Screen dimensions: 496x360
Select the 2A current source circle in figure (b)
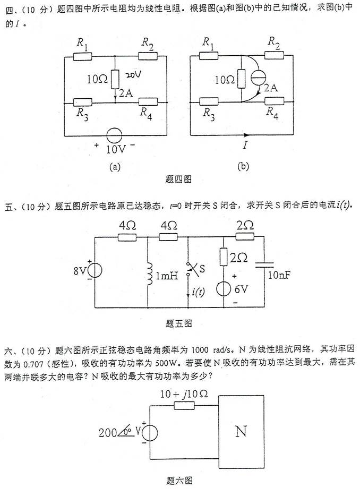(x=261, y=76)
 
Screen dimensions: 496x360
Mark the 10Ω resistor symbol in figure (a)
(x=115, y=79)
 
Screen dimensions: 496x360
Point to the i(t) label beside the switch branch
(x=198, y=292)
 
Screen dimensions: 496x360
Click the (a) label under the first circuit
(x=115, y=166)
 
